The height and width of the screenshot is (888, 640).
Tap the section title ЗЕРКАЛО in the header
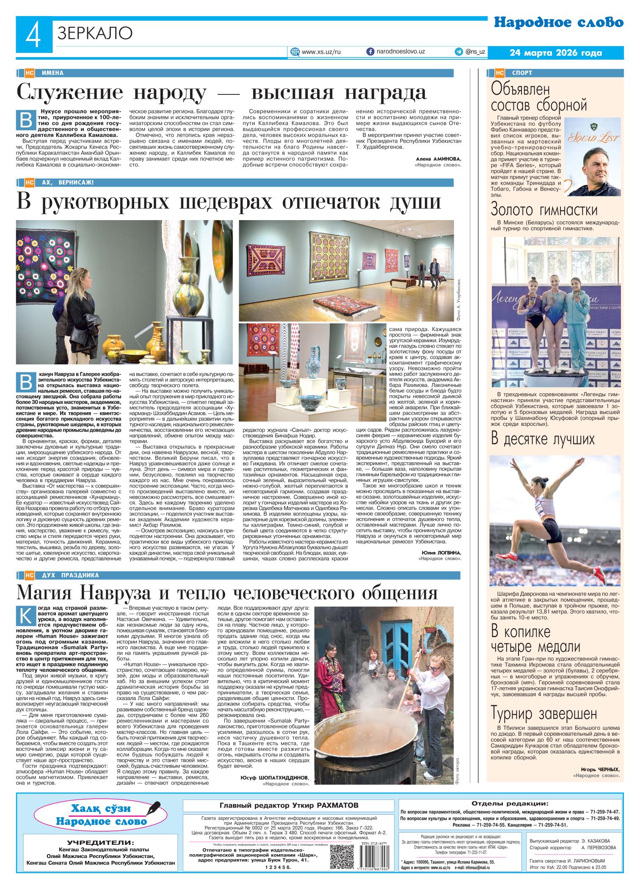95,33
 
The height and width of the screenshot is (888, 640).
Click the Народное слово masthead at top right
558,23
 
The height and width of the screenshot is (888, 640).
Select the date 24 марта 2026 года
556,53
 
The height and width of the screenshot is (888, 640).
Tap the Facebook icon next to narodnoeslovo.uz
370,52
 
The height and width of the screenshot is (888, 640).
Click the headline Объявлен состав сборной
539,97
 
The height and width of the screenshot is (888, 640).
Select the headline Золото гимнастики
544,210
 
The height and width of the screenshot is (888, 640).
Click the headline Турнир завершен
544,714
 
